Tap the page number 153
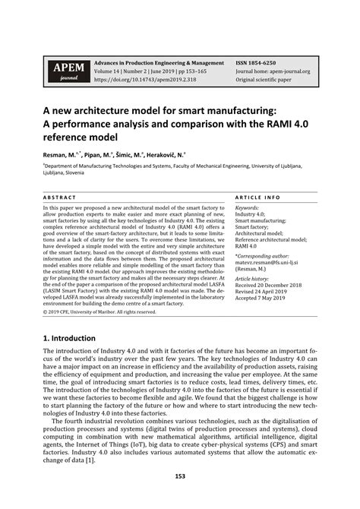[x=180, y=477]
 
